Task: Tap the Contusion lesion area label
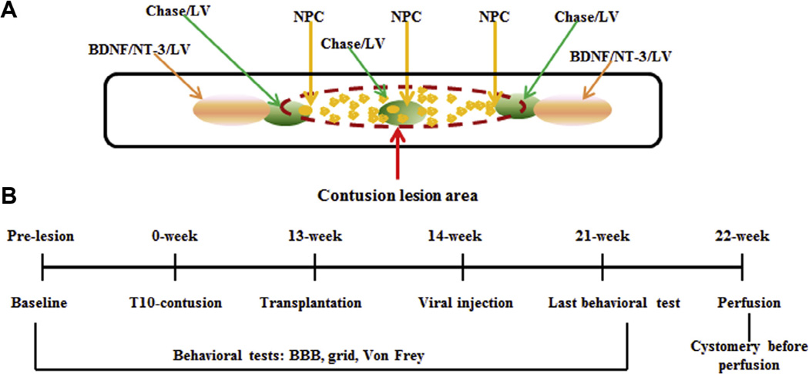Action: coord(398,195)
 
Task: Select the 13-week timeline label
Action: coord(314,235)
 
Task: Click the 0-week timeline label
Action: coord(176,235)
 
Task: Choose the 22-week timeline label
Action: coord(741,235)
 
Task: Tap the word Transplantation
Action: coord(311,303)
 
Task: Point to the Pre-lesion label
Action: coord(42,235)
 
